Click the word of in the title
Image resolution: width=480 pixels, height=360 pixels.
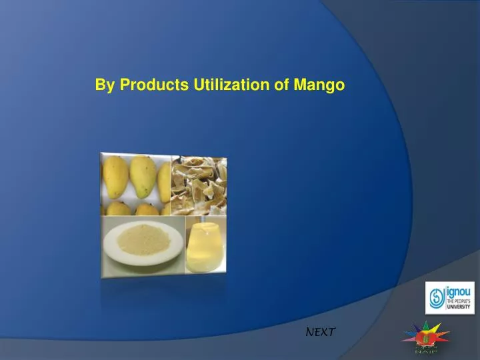click(x=280, y=85)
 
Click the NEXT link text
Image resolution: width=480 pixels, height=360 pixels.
click(x=321, y=331)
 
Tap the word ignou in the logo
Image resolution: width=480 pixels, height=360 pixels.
click(x=459, y=291)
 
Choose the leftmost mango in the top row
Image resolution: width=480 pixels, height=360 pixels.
click(x=114, y=175)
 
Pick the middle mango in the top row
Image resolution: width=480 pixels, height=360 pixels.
click(x=141, y=175)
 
